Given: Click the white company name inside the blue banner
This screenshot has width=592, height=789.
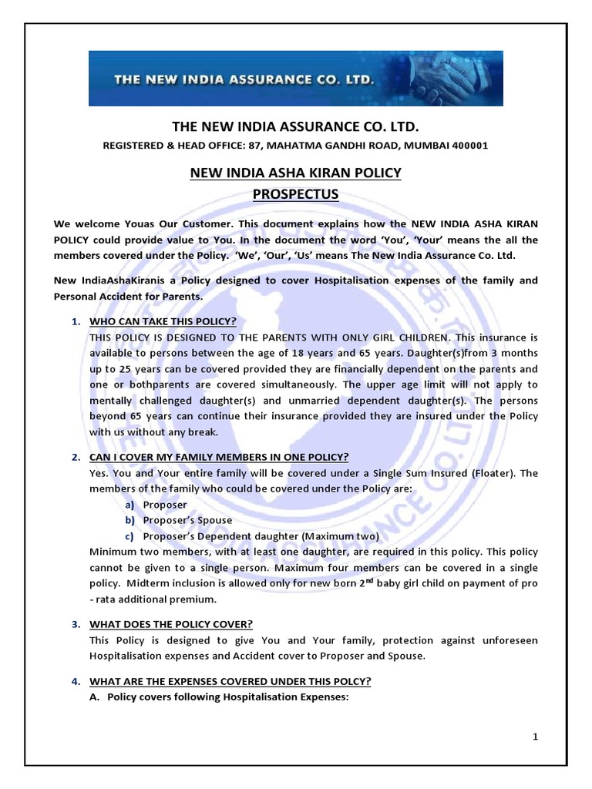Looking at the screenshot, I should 244,79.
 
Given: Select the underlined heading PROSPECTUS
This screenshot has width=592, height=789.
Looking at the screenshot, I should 296,194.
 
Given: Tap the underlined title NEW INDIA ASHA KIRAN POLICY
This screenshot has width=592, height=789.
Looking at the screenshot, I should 296,173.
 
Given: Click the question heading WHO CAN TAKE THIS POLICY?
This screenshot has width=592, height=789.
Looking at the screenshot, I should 163,321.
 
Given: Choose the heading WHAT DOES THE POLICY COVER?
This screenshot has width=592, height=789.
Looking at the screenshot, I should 171,624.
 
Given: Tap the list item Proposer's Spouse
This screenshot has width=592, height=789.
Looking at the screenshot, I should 187,520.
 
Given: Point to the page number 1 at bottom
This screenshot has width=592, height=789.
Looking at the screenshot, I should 535,737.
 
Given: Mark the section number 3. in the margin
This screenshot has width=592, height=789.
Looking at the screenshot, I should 76,624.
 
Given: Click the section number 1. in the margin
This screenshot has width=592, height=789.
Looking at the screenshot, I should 76,321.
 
